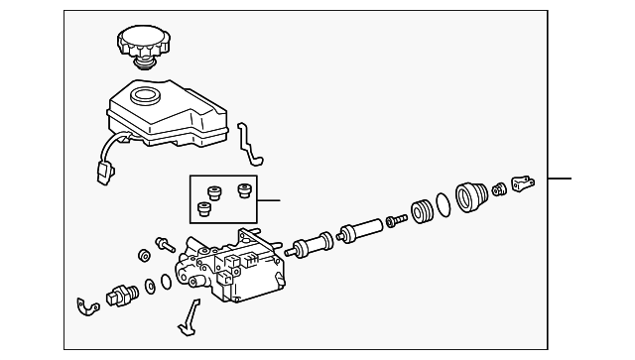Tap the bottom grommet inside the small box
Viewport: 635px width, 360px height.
coord(204,208)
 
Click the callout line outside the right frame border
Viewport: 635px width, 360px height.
coord(562,179)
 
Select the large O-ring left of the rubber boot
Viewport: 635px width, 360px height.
coord(443,202)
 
